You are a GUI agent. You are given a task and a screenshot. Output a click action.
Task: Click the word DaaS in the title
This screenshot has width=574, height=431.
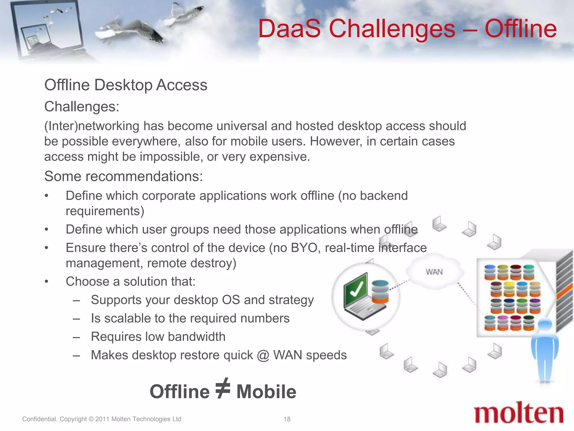289,29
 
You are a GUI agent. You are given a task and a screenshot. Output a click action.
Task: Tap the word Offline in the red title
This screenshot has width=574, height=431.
520,29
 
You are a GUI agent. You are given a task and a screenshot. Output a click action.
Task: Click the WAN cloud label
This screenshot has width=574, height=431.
434,272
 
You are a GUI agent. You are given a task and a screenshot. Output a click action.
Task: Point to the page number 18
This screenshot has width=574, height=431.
287,419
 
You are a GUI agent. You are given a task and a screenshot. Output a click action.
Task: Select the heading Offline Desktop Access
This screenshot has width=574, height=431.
126,85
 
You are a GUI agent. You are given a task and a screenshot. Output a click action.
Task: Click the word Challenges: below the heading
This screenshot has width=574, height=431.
82,107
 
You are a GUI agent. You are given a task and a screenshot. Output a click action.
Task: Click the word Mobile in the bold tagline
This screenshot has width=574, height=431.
266,392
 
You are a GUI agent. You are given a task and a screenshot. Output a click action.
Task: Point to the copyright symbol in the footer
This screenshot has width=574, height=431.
91,419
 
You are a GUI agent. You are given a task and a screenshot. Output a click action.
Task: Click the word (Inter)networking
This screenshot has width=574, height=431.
92,126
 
